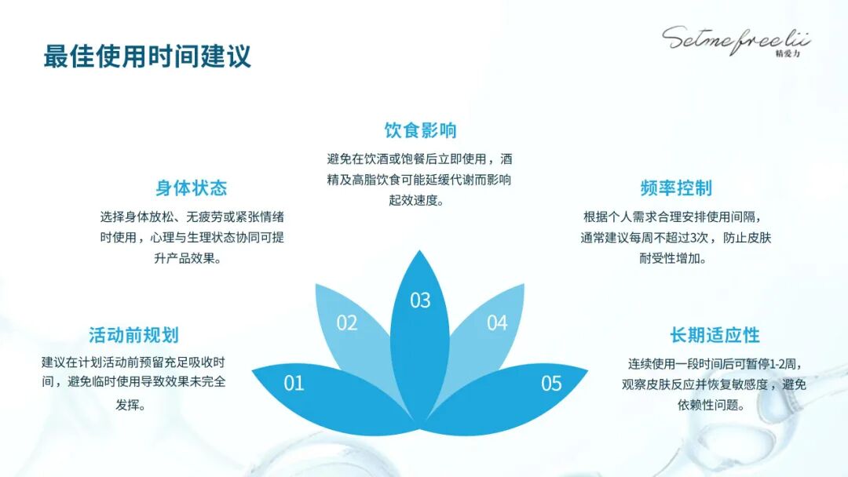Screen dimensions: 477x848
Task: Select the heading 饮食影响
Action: point(420,130)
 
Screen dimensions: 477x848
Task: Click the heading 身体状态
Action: point(192,188)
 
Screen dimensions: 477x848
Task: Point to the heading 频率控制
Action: point(676,188)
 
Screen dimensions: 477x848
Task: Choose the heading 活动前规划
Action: point(133,336)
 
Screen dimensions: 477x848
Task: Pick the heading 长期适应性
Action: point(715,336)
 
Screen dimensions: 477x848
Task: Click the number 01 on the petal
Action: point(294,384)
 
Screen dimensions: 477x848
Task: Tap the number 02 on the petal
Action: point(347,323)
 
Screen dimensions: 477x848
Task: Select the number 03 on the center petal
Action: point(420,300)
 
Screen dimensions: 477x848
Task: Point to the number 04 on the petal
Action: point(497,323)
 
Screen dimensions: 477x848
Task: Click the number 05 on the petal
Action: point(551,384)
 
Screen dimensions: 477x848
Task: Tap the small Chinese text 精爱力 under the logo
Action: point(787,56)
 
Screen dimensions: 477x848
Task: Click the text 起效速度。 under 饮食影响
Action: point(420,200)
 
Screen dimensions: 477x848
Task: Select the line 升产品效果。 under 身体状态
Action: point(192,258)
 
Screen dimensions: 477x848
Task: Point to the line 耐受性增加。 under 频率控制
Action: point(676,258)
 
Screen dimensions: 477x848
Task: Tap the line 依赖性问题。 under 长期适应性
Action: point(715,406)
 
